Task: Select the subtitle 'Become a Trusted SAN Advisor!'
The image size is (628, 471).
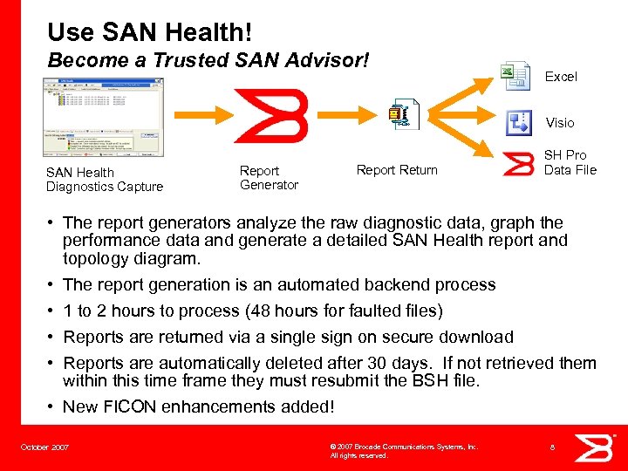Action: pyautogui.click(x=208, y=62)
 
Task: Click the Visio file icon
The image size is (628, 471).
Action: pyautogui.click(x=519, y=123)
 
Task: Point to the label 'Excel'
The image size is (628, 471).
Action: pyautogui.click(x=561, y=77)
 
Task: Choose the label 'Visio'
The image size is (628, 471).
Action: pyautogui.click(x=560, y=123)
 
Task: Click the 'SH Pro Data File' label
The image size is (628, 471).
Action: pyautogui.click(x=570, y=162)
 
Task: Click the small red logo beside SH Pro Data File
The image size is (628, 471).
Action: pyautogui.click(x=520, y=164)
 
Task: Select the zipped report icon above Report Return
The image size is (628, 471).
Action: pyautogui.click(x=404, y=115)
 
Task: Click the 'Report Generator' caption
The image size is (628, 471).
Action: pyautogui.click(x=269, y=178)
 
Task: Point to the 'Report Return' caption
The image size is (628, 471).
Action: pyautogui.click(x=397, y=170)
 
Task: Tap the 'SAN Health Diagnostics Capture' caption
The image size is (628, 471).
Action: pyautogui.click(x=104, y=180)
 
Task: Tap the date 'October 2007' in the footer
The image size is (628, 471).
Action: pyautogui.click(x=44, y=447)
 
